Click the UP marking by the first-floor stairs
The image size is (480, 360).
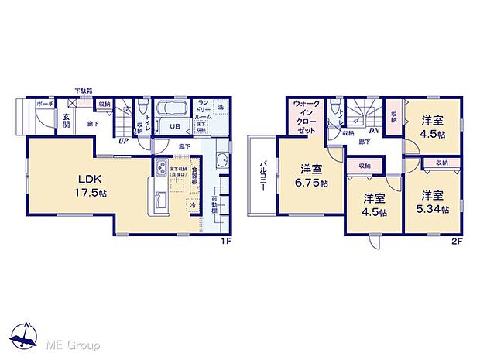click(122, 140)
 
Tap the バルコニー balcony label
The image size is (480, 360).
click(263, 177)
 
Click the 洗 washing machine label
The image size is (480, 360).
click(221, 106)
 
